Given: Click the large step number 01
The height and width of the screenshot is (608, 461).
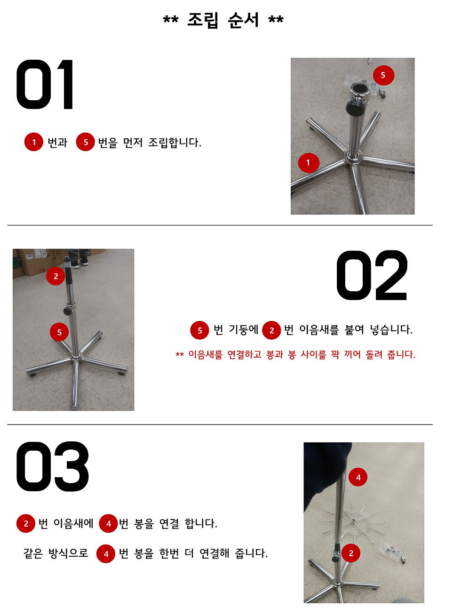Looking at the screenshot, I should click(45, 85).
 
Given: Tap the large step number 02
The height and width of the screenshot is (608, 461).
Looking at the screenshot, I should click(372, 276).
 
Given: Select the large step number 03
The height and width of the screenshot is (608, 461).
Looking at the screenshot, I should click(52, 467).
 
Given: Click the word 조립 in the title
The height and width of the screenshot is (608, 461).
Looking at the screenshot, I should click(203, 20).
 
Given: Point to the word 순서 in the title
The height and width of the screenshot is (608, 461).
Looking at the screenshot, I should click(243, 20).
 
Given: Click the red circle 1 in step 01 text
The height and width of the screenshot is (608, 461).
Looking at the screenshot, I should click(34, 142).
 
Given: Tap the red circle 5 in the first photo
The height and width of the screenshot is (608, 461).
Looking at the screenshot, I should click(383, 75).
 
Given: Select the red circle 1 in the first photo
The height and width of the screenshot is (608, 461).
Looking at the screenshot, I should click(309, 163).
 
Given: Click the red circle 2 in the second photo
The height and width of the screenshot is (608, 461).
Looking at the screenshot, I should click(56, 276).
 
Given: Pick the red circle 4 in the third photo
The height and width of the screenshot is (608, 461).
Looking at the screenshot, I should click(358, 477).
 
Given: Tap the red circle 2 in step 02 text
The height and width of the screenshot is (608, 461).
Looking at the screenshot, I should click(271, 330).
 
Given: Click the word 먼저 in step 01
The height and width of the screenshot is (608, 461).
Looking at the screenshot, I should click(133, 143).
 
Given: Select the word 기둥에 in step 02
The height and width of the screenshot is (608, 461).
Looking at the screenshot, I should click(243, 330).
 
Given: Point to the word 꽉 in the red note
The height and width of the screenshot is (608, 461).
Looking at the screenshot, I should click(335, 354).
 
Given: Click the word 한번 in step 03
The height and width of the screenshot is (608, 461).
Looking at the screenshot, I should click(169, 553).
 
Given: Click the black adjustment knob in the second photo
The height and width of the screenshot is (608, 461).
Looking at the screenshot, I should click(68, 311).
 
